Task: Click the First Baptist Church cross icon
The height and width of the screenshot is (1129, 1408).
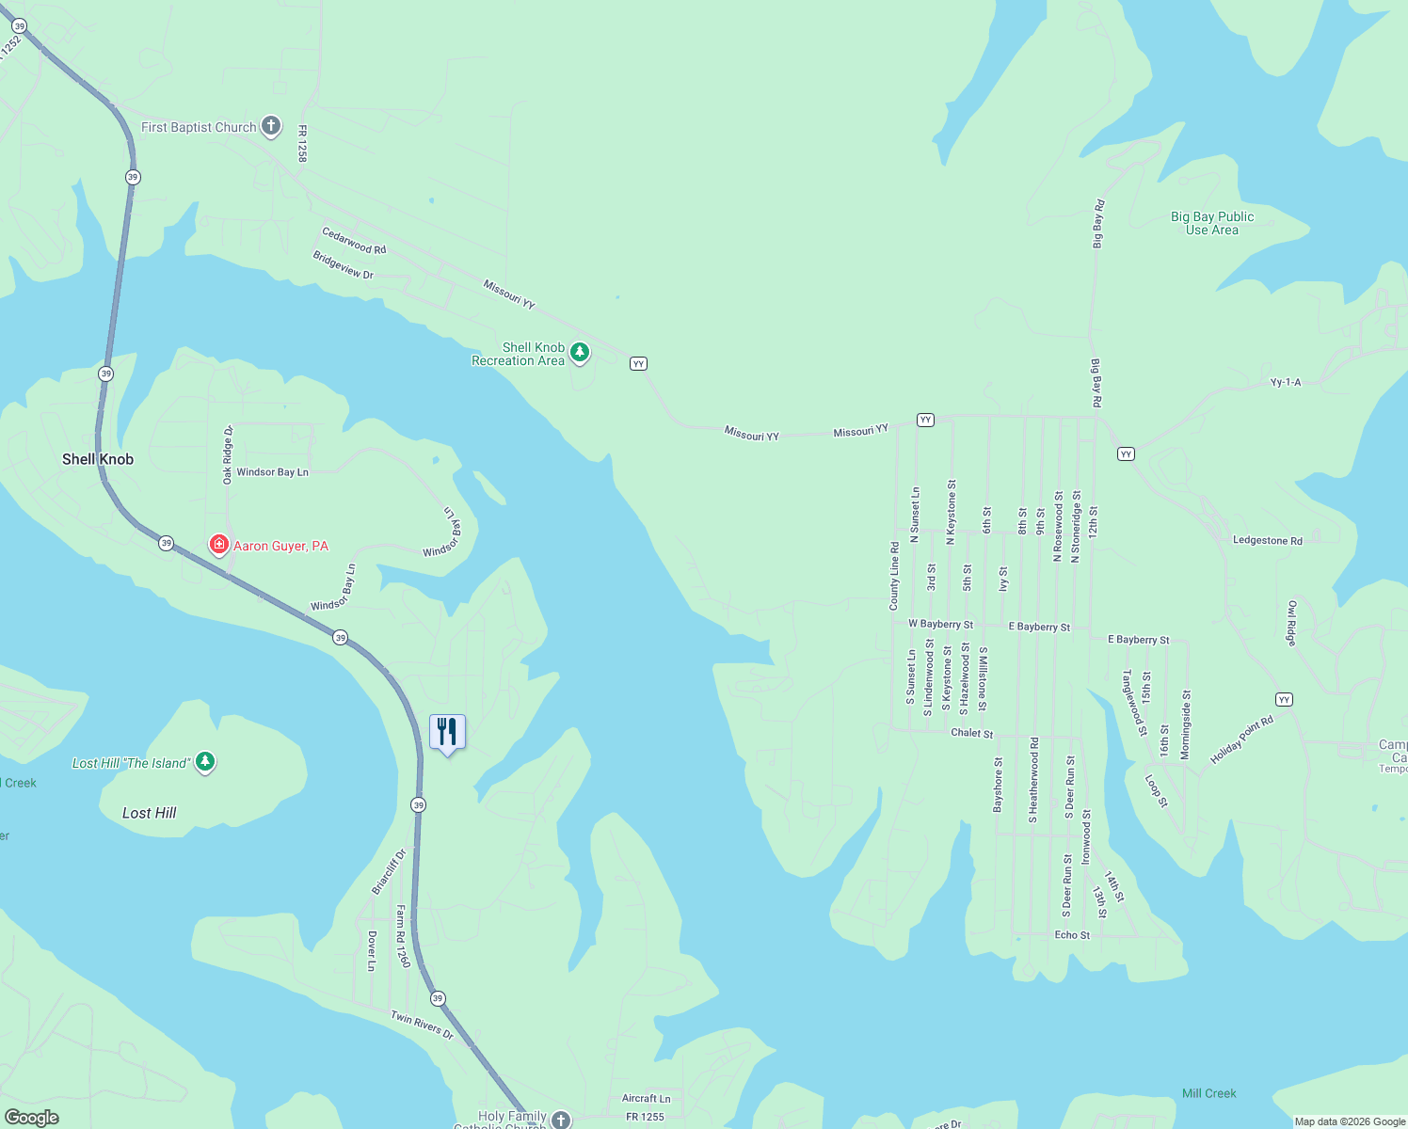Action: click(270, 126)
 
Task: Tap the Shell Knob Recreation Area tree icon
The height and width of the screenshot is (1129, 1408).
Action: click(580, 353)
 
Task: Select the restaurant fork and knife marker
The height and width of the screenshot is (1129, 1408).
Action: click(447, 731)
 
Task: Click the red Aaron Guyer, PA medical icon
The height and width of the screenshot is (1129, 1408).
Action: click(219, 545)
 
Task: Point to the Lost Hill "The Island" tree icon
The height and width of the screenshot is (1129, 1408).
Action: click(205, 761)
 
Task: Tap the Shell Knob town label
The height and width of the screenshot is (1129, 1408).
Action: click(98, 459)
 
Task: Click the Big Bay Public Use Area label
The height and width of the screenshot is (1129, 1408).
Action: click(1211, 223)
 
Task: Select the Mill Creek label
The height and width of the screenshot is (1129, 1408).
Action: click(1208, 1093)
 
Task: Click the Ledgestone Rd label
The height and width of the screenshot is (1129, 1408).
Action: click(1267, 541)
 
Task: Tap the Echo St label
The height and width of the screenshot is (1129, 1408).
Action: click(1072, 935)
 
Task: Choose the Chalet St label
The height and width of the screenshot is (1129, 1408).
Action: click(971, 733)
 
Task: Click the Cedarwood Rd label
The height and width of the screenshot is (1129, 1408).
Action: click(354, 241)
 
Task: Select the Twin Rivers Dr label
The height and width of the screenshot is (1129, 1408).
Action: click(422, 1026)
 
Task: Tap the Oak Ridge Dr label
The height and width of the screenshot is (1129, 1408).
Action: click(228, 454)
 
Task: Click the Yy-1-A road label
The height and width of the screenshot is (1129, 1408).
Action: click(1285, 383)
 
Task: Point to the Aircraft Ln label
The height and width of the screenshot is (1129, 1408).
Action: click(646, 1098)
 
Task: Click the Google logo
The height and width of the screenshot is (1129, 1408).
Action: click(31, 1118)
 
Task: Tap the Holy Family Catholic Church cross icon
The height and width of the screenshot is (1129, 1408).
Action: click(561, 1119)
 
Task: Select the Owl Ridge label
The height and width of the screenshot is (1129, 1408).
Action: click(1291, 623)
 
